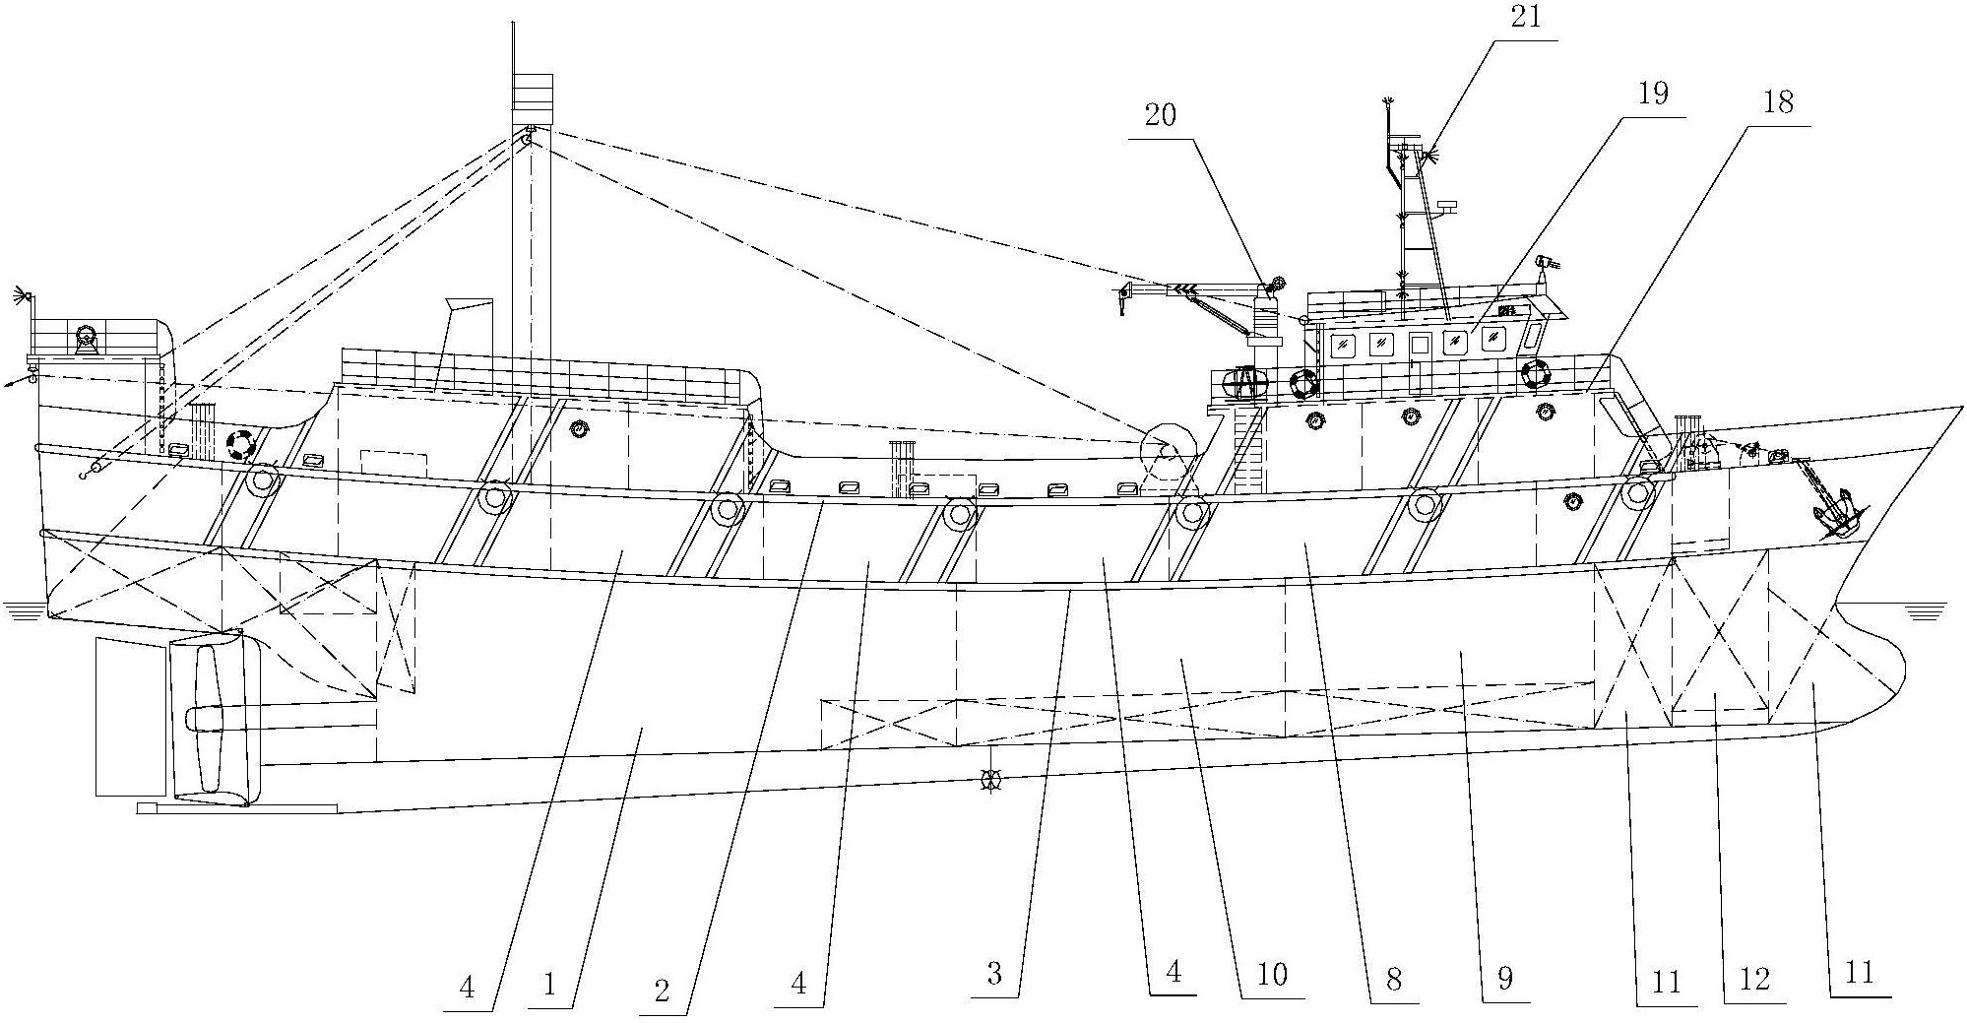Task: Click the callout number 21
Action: pos(1523,16)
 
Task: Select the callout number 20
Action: pos(1162,115)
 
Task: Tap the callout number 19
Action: pos(1653,94)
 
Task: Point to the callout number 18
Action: pos(1778,102)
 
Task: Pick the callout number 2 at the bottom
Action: pos(661,991)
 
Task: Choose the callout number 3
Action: pos(994,975)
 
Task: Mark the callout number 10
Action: pos(1272,975)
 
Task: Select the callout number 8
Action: pos(1392,979)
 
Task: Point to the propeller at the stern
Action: pos(208,718)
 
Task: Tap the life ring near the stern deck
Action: pos(239,445)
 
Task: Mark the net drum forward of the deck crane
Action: pos(1165,450)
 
